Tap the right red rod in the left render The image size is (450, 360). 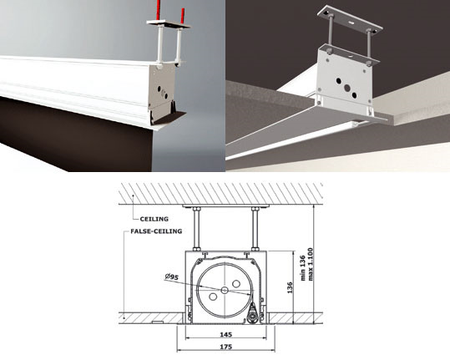tap(183, 14)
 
